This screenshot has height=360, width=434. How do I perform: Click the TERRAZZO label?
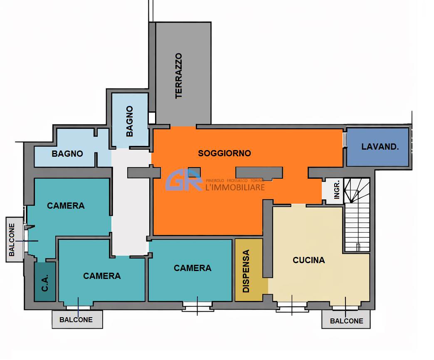[179, 76]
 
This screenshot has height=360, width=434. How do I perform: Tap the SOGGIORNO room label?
[224, 153]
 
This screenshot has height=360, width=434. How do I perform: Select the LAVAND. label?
[380, 147]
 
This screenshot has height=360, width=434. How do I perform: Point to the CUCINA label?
[308, 260]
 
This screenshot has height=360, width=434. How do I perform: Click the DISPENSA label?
[246, 271]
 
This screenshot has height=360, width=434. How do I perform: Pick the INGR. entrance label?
[337, 190]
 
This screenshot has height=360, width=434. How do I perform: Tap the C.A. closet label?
[45, 283]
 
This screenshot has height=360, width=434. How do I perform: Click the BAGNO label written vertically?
[129, 121]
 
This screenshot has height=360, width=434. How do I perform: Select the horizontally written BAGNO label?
[67, 153]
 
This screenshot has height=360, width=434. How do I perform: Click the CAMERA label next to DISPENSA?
[192, 268]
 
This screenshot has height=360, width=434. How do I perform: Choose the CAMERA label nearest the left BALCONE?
[66, 206]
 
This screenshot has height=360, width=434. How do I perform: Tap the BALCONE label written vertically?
[12, 239]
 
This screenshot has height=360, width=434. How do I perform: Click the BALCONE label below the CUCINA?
[347, 321]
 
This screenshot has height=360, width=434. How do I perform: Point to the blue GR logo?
[184, 180]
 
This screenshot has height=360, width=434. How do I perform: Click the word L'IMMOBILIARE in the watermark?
[235, 187]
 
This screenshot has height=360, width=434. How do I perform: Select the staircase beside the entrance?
[357, 215]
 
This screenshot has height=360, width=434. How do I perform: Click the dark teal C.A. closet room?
[45, 282]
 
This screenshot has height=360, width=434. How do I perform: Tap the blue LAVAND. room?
[378, 147]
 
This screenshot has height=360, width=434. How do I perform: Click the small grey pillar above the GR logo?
[194, 172]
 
